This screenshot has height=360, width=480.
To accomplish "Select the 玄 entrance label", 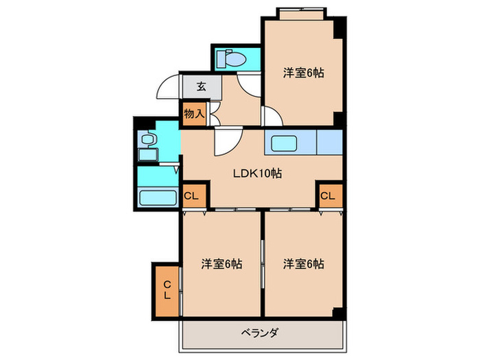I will pyautogui.click(x=202, y=86).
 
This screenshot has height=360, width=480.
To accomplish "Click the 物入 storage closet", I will pyautogui.click(x=194, y=113).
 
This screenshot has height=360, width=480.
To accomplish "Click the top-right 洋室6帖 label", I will pyautogui.click(x=303, y=73).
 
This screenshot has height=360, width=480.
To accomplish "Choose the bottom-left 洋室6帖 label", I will pyautogui.click(x=221, y=263).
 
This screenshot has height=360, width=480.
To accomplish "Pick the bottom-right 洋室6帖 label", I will pyautogui.click(x=303, y=263).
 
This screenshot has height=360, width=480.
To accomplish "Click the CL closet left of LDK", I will pyautogui.click(x=193, y=196).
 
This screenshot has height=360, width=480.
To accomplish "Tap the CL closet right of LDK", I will pyautogui.click(x=328, y=196).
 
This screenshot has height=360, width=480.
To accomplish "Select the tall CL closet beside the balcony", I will pyautogui.click(x=167, y=290).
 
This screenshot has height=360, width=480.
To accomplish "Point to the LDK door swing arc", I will pyautogui.click(x=225, y=142).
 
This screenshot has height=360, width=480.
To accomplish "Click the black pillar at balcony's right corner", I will pyautogui.click(x=337, y=313).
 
